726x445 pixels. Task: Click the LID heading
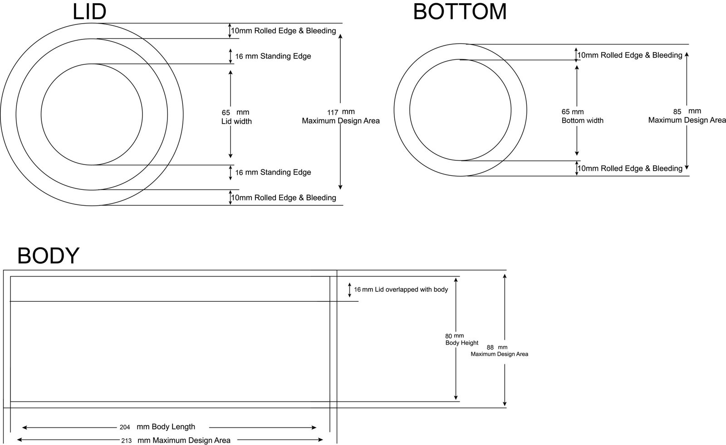coord(89,12)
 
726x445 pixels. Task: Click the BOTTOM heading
coord(460,12)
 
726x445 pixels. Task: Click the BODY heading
coord(48,256)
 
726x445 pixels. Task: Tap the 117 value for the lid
coord(333,113)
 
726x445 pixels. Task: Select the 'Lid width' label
coord(236,121)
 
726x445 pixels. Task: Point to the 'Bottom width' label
coord(583,121)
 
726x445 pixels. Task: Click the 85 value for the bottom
coord(677,112)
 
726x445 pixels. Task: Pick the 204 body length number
coord(125,427)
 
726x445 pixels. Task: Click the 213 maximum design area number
coord(127,441)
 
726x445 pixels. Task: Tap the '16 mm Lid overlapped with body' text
coord(401,290)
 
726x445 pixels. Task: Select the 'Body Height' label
coord(462,343)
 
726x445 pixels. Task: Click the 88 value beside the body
coord(490,348)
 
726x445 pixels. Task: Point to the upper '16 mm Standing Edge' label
coord(273,56)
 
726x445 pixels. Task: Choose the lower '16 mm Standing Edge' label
coord(273,172)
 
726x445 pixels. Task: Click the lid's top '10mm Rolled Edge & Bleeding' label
coord(284,31)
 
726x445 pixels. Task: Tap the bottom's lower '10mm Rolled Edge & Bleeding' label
coord(630,169)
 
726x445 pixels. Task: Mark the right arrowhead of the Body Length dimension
coord(314,427)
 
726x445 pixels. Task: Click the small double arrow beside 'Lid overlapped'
coord(349,290)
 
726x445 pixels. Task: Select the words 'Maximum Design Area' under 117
coord(341,121)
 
